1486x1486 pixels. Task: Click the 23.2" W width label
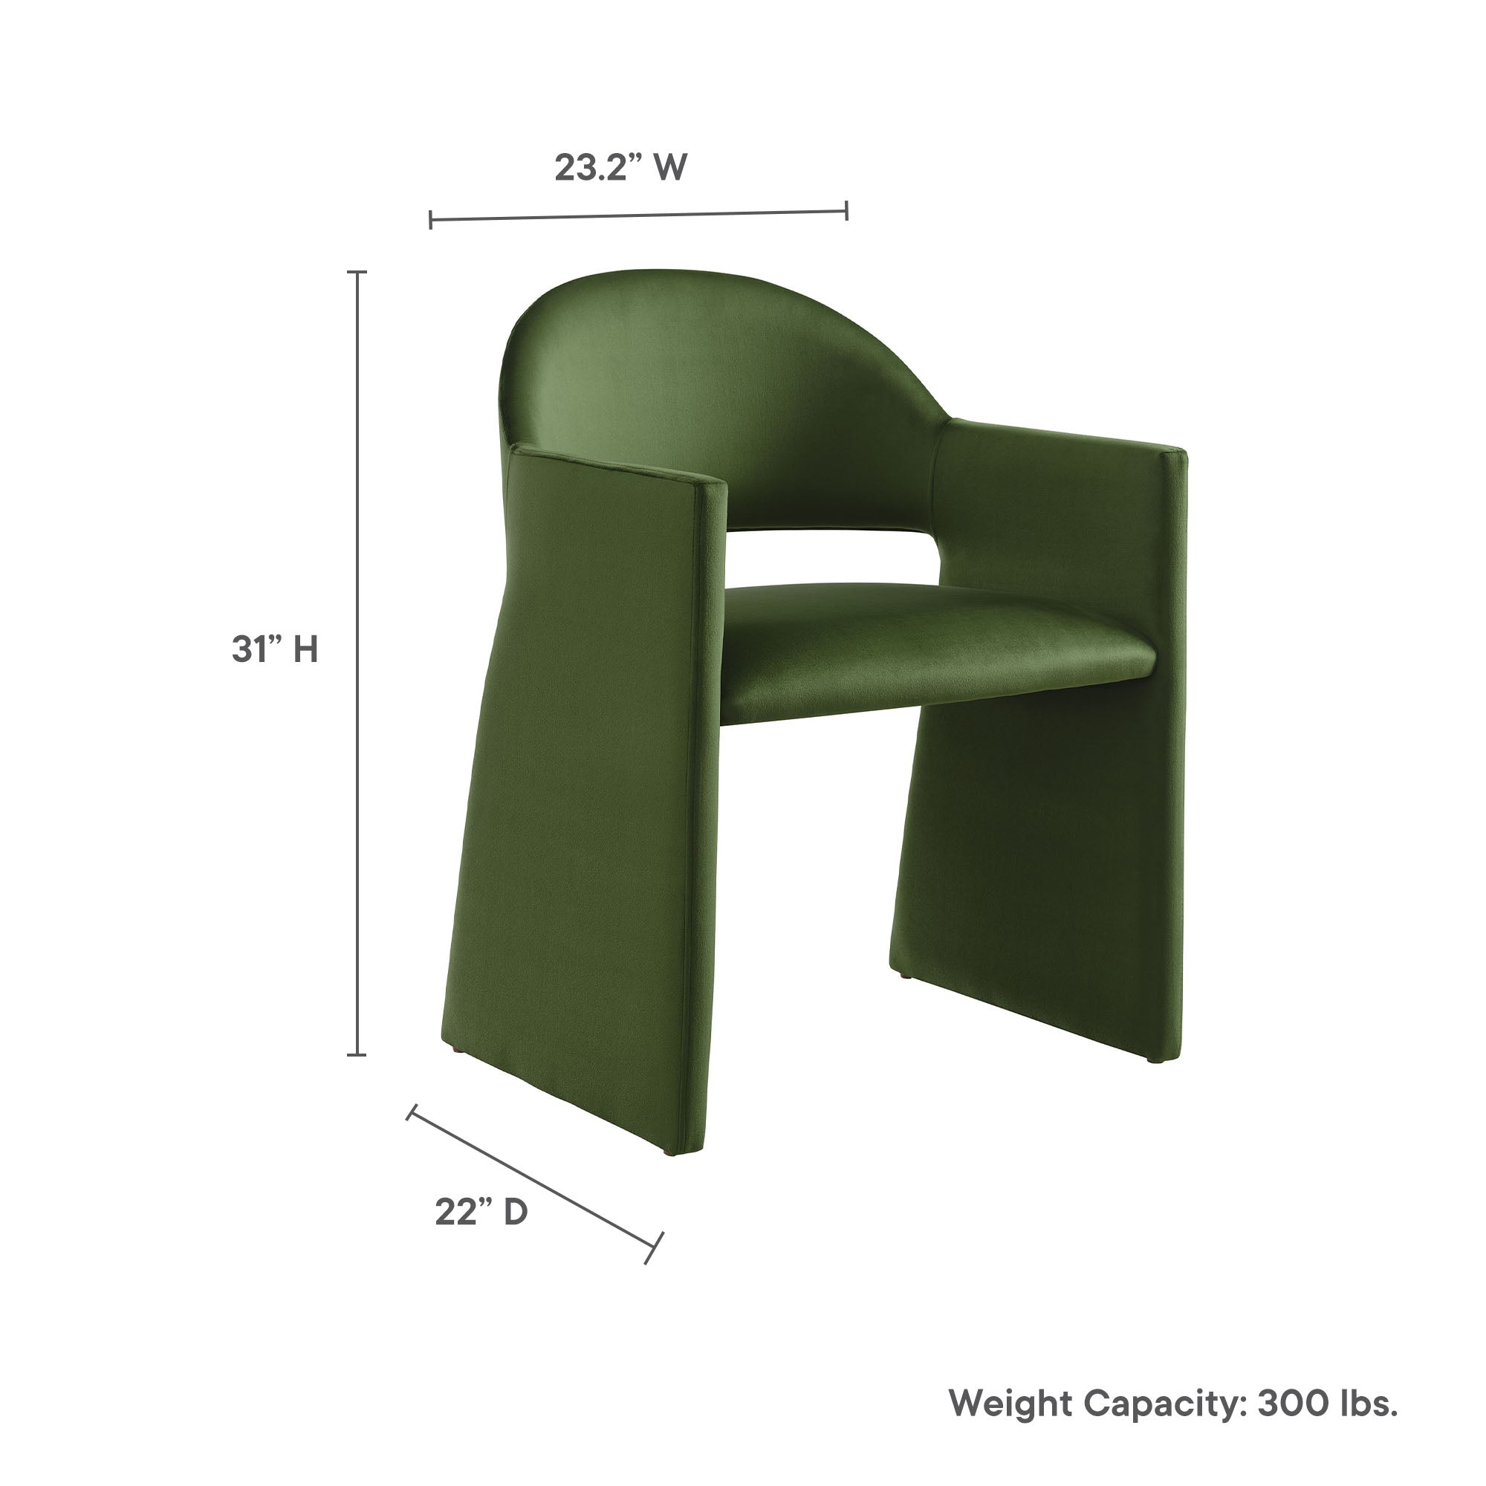[x=620, y=167]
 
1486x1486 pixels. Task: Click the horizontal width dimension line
[x=638, y=215]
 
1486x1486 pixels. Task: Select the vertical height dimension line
[x=356, y=661]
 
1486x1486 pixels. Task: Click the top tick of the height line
[x=356, y=272]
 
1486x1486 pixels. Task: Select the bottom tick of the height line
[x=356, y=1054]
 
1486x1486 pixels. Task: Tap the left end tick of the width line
[x=431, y=220]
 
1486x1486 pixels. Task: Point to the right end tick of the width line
[x=847, y=210]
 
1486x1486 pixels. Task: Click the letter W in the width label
[x=670, y=167]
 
